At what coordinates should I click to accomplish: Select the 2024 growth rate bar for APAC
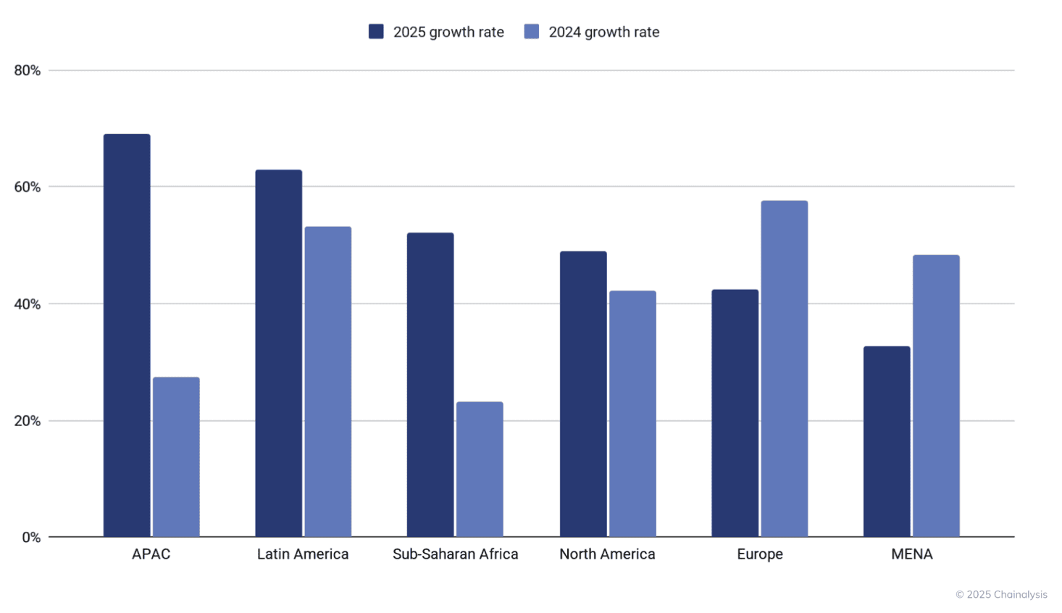coord(176,456)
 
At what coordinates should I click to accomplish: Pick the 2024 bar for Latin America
coord(327,381)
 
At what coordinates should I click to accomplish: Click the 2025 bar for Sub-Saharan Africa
coord(430,384)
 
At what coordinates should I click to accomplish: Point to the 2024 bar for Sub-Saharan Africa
coord(480,469)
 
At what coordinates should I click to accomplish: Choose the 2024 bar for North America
coord(632,413)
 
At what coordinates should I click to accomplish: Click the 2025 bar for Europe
coord(735,413)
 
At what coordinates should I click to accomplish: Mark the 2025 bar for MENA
coord(887,441)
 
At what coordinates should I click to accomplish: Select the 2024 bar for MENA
coord(936,396)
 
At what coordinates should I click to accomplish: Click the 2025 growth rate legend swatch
coord(376,31)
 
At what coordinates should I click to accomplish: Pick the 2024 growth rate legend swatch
coord(532,31)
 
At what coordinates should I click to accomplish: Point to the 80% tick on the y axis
coord(28,70)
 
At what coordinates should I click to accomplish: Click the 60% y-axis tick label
coord(28,187)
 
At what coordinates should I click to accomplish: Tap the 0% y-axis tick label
coord(31,538)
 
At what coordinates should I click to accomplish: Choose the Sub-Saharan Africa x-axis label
coord(455,554)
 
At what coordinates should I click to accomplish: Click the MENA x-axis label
coord(911,554)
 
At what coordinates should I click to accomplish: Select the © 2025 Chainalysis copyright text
coord(1001,594)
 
